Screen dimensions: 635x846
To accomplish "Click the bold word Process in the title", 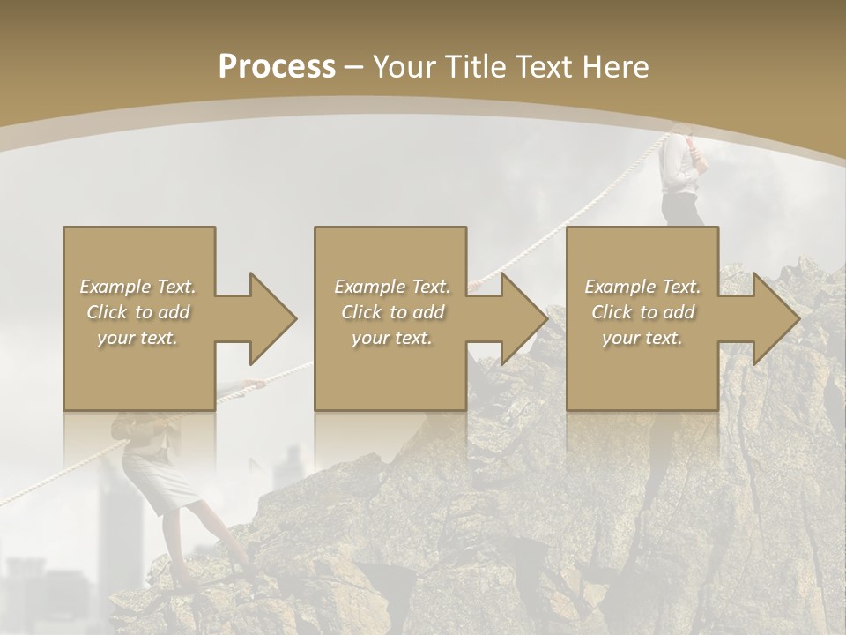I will (277, 67).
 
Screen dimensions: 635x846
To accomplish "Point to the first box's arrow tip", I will (294, 318).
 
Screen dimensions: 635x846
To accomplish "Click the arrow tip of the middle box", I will (545, 318).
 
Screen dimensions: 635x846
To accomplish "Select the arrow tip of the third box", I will (798, 318).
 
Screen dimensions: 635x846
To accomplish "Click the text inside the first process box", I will (137, 312).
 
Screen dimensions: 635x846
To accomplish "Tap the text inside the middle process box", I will (391, 312).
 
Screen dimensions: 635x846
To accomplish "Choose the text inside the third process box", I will (642, 312).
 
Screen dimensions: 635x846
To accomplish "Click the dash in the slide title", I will (354, 67).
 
